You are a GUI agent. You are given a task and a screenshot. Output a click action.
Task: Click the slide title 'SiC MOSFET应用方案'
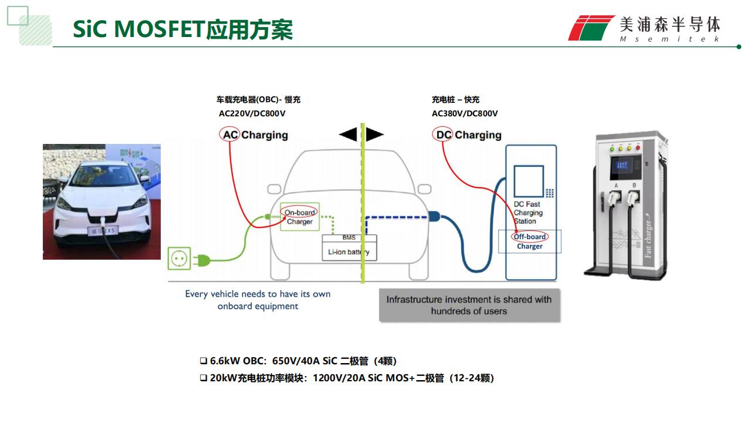tap(182, 29)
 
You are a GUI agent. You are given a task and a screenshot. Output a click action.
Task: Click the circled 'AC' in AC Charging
tap(230, 135)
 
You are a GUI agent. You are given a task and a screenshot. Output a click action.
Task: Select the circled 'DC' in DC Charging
tap(444, 135)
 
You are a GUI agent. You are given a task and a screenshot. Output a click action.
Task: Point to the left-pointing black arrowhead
tap(348, 135)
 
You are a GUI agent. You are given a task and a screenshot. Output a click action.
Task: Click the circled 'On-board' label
tap(299, 212)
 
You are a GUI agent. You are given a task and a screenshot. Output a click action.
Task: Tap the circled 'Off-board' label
tap(530, 237)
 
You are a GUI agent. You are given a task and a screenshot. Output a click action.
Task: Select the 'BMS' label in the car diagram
tap(349, 238)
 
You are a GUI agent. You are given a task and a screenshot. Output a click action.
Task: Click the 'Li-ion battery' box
tap(349, 252)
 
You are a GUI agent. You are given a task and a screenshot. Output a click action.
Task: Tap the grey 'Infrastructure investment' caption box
tap(469, 305)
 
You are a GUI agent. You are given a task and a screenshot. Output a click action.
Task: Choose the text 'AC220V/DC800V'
tap(252, 113)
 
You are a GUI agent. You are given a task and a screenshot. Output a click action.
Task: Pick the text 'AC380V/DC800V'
tap(465, 113)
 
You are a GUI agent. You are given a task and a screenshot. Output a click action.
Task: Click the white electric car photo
tap(102, 202)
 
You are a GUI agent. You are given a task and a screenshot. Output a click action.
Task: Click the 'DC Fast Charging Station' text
tap(528, 213)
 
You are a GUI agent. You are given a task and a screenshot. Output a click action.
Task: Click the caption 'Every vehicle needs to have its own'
tap(258, 294)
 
